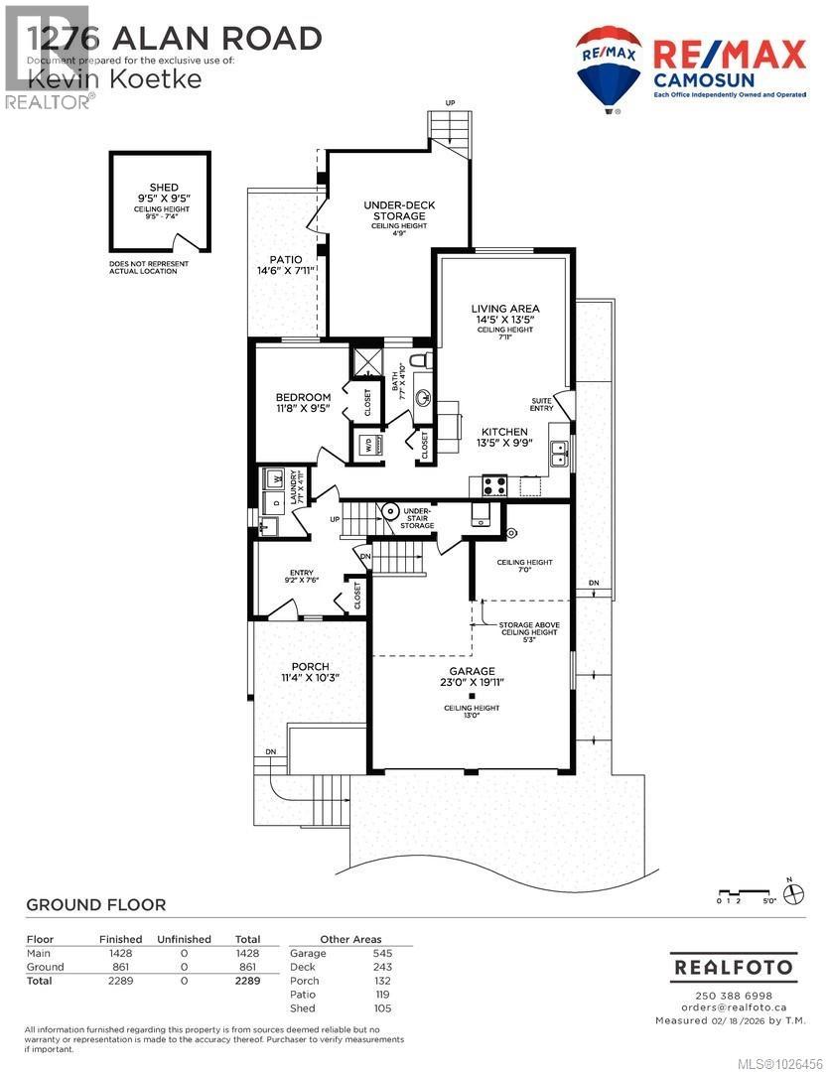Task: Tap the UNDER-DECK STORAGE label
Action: point(399,210)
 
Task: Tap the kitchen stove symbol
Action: point(494,485)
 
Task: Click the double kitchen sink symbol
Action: point(560,454)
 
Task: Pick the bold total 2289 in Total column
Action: point(247,981)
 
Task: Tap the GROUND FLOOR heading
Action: point(95,904)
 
